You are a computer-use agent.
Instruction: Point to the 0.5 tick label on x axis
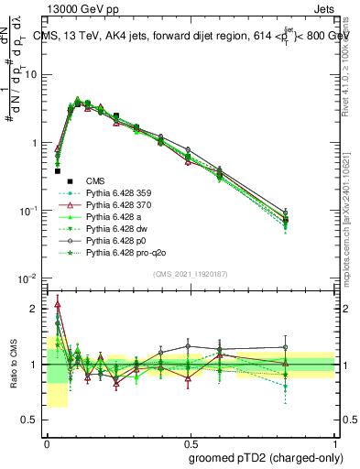click(191, 442)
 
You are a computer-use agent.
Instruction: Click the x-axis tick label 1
click(334, 442)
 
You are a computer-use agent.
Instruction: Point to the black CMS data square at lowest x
click(57, 170)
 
